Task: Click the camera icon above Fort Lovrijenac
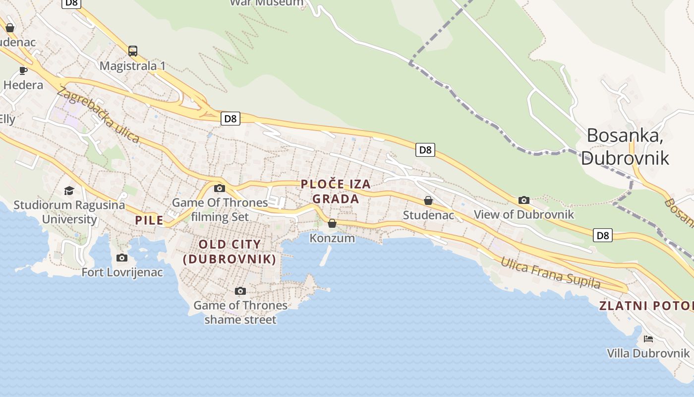(x=121, y=258)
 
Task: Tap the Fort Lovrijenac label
(x=122, y=272)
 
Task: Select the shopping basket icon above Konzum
(x=332, y=223)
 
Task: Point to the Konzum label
(x=332, y=238)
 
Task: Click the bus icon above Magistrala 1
(x=132, y=51)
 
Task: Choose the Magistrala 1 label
(x=132, y=66)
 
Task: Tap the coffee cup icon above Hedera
(x=23, y=70)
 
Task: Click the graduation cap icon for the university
(x=69, y=191)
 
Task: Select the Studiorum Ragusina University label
(x=69, y=212)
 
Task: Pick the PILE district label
(x=149, y=220)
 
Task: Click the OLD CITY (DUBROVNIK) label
(x=230, y=252)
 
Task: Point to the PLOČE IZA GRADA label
(x=336, y=192)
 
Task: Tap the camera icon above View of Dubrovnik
(x=524, y=200)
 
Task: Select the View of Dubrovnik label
(x=524, y=214)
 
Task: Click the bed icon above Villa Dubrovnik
(x=648, y=339)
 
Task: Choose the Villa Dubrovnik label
(x=648, y=353)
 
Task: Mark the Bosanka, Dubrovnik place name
(x=625, y=146)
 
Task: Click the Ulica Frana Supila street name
(x=550, y=272)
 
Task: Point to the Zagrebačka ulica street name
(x=98, y=114)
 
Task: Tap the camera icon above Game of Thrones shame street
(x=240, y=291)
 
